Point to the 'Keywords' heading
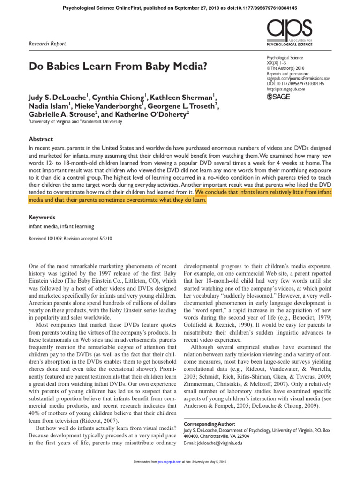42,217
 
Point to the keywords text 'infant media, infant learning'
61,226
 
